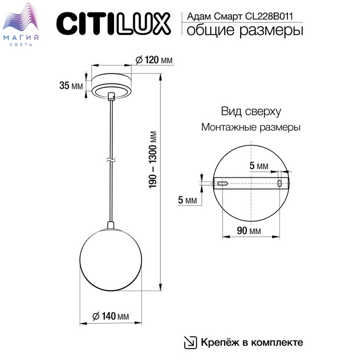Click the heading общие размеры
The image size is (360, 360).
244,31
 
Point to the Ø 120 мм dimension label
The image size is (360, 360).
154,60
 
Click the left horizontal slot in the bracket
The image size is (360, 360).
223,183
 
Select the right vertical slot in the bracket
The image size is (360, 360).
280,183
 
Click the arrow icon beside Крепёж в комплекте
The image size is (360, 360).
190,342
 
